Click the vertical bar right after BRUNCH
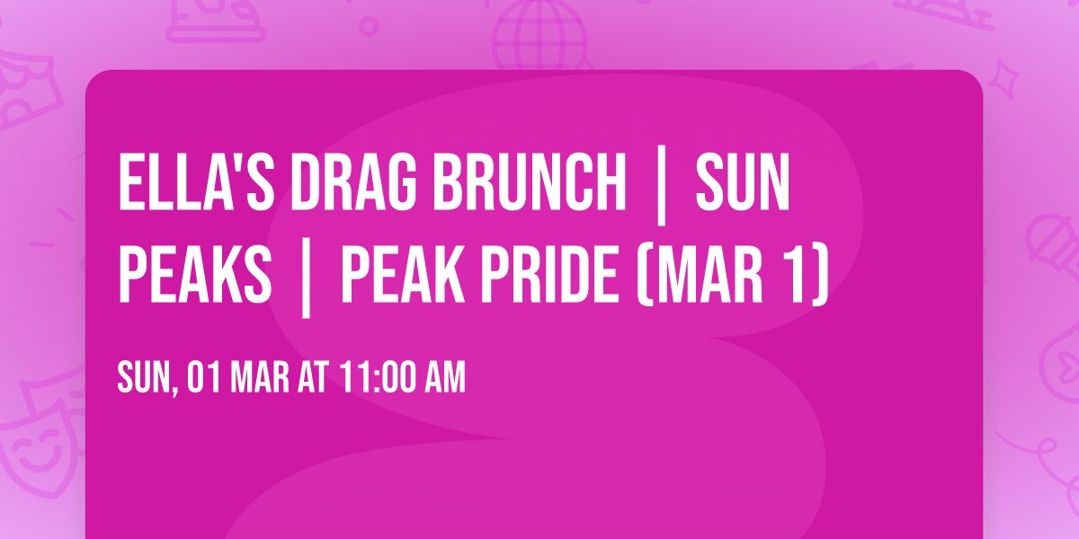pos(662,189)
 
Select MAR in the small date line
pos(262,378)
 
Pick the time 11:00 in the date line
pos(377,378)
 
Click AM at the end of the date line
pos(444,378)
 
